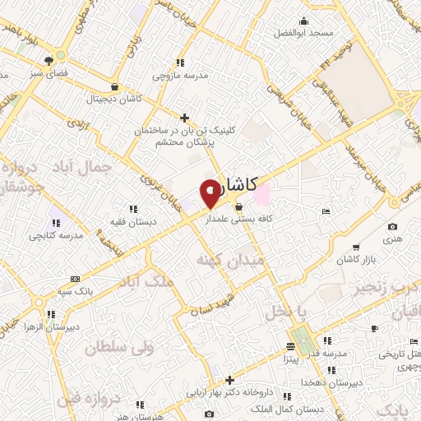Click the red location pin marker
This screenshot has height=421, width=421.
(210, 192)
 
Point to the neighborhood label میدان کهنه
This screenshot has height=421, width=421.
(222, 261)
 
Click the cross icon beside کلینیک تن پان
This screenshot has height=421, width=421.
(185, 118)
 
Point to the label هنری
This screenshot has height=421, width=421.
(391, 238)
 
